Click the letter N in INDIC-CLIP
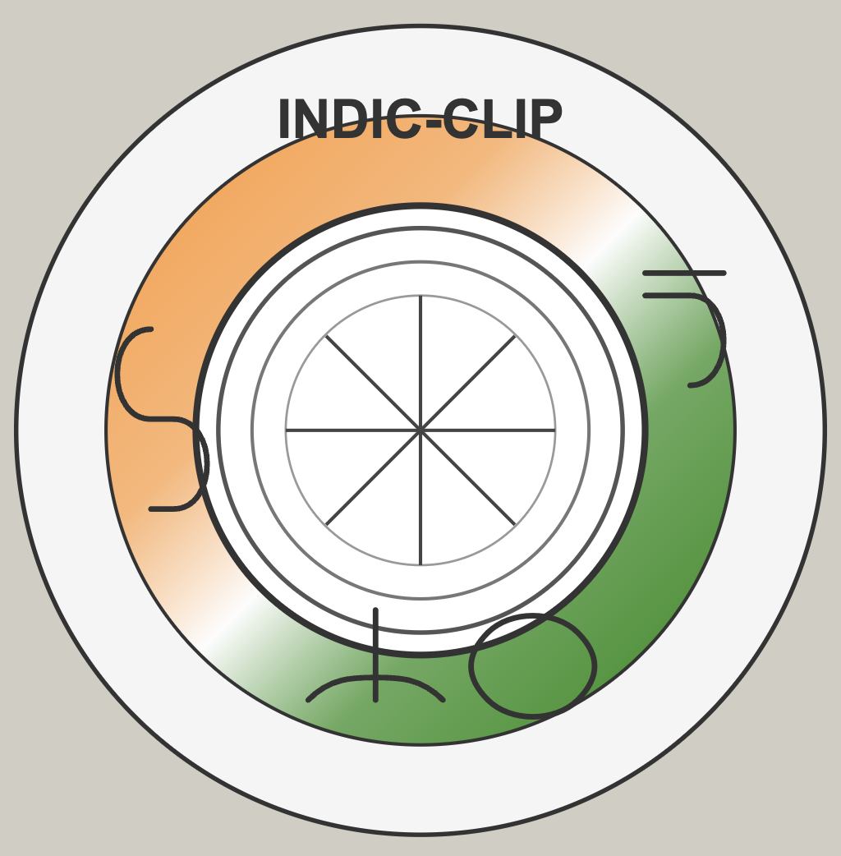tap(310, 119)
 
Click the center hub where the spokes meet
tap(420, 430)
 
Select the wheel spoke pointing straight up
tap(420, 363)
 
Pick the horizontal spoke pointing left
tap(353, 430)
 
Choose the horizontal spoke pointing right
tap(489, 430)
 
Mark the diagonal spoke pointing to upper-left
tap(373, 383)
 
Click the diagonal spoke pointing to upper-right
tap(468, 383)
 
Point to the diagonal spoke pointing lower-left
tap(373, 478)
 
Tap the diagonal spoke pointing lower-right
tap(468, 478)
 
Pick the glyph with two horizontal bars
tap(684, 273)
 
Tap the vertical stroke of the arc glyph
tap(375, 654)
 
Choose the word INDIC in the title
tap(350, 119)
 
